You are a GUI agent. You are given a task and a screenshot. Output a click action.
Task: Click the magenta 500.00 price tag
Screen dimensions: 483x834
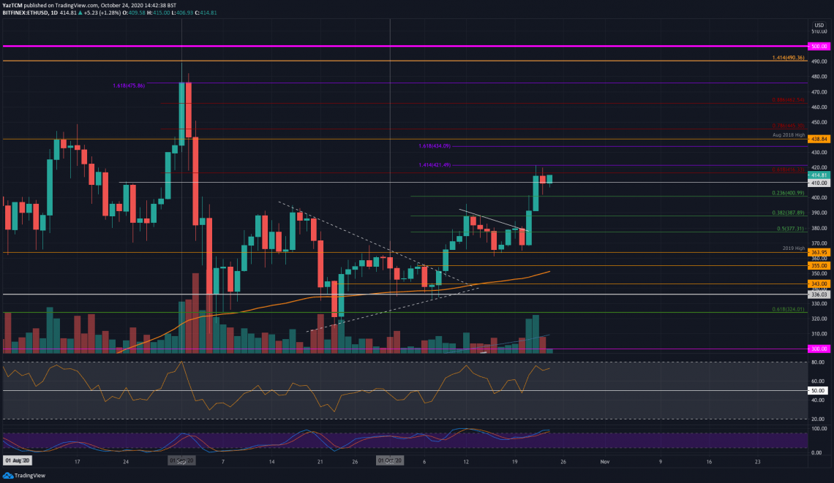[x=819, y=45]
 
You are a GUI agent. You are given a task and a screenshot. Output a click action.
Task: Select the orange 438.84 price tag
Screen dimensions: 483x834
[x=819, y=139]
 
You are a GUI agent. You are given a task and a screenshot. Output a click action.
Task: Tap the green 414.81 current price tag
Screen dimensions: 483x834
[x=819, y=175]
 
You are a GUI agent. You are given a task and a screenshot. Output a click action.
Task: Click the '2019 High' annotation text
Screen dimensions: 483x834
[x=792, y=248]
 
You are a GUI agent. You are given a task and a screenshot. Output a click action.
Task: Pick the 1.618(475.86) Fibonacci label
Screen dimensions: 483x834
[x=129, y=85]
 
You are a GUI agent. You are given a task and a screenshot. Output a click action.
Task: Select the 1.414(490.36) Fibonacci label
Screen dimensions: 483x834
[x=788, y=58]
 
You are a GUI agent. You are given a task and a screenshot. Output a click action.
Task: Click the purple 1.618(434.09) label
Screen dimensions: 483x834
[x=435, y=146]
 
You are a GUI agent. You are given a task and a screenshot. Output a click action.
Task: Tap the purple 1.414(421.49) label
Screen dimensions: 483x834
[x=435, y=165]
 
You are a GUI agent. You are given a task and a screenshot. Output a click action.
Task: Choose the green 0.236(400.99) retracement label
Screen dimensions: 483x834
[x=788, y=193]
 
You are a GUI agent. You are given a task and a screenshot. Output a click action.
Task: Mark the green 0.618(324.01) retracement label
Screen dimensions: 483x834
[x=788, y=309]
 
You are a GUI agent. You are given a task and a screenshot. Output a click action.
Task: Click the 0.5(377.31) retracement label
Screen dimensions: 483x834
[x=790, y=229]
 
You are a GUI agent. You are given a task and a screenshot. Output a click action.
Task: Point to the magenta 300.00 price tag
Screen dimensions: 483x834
[x=819, y=349]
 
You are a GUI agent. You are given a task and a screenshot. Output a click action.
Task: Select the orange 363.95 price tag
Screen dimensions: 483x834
[x=819, y=252]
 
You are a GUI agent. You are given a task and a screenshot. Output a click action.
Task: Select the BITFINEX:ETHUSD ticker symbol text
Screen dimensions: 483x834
[x=23, y=13]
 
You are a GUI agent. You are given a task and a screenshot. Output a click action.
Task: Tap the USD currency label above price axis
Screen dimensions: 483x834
[x=819, y=25]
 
